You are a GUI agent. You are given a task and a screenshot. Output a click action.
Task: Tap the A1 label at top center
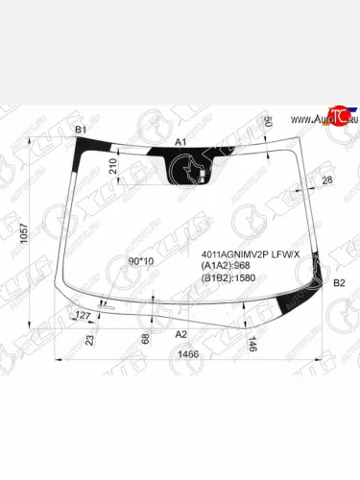(x=180, y=141)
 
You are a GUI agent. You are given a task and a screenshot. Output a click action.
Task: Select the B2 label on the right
(x=338, y=283)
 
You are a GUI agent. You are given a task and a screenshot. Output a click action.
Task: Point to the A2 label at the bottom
(x=180, y=334)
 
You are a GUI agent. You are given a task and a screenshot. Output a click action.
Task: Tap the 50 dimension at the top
(x=268, y=123)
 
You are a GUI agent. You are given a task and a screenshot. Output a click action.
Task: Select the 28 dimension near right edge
(x=327, y=180)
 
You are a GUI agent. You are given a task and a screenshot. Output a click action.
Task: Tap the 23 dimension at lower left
(x=90, y=339)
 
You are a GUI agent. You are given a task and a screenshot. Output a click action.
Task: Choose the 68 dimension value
(x=145, y=339)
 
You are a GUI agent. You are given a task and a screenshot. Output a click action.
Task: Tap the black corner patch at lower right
(x=288, y=306)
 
